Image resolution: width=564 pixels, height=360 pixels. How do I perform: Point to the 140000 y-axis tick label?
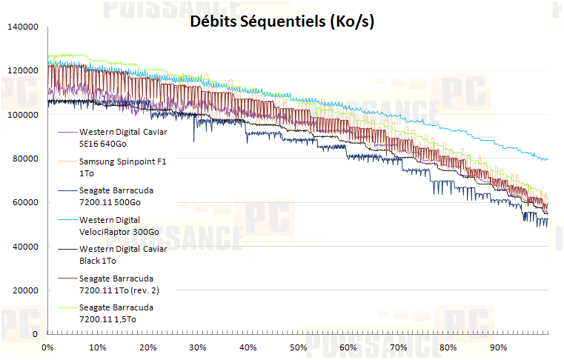tap(21, 27)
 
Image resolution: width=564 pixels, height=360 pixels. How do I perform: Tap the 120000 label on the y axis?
tap(21, 71)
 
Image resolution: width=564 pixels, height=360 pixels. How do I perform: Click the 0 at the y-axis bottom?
tap(35, 334)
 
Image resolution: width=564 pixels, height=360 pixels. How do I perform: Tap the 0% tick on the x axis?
tap(48, 347)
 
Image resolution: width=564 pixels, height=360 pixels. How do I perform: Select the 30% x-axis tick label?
tap(198, 347)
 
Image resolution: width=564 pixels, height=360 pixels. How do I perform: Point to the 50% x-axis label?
tap(298, 347)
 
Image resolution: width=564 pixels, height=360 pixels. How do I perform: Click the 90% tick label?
tap(498, 347)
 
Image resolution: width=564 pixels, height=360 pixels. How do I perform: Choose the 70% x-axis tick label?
tap(398, 347)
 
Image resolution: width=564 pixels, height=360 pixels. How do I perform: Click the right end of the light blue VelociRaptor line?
tap(547, 159)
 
